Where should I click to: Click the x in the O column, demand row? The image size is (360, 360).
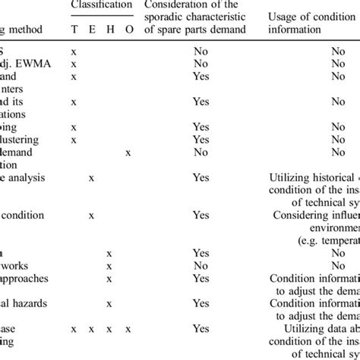pyautogui.click(x=128, y=153)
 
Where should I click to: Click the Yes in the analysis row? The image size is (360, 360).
pyautogui.click(x=201, y=177)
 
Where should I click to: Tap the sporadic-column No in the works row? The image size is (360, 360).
pyautogui.click(x=201, y=265)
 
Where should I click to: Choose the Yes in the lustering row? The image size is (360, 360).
pyautogui.click(x=201, y=140)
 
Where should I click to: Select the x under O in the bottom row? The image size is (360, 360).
pyautogui.click(x=128, y=328)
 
